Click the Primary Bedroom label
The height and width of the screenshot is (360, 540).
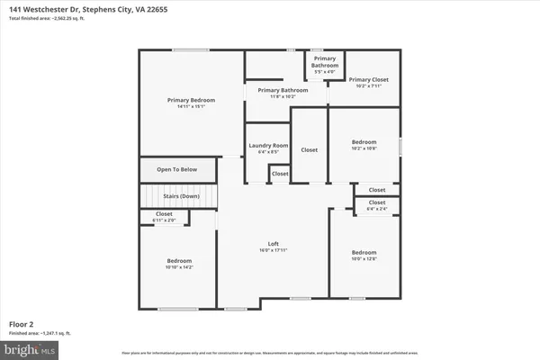(x=190, y=99)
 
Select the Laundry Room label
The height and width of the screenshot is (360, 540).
(x=267, y=145)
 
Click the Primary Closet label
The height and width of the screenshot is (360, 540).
(x=367, y=79)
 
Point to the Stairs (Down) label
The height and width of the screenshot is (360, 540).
(x=177, y=195)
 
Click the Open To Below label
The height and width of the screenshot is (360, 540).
(x=176, y=169)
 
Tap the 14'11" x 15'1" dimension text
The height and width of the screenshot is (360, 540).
(x=190, y=106)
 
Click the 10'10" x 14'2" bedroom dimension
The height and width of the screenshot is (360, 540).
(x=176, y=267)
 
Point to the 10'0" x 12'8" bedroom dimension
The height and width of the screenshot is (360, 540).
(x=364, y=259)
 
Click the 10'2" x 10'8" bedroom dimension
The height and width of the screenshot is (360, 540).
(x=364, y=149)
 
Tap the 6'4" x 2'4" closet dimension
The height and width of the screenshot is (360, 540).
(x=376, y=209)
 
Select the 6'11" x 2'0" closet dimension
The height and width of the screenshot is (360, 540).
(x=164, y=220)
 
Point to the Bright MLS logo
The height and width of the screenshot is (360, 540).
(x=31, y=348)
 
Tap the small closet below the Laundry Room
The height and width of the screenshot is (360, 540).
(x=280, y=173)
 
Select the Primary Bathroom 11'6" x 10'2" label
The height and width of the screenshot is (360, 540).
(x=283, y=94)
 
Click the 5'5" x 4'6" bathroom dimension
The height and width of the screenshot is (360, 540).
(x=325, y=72)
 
